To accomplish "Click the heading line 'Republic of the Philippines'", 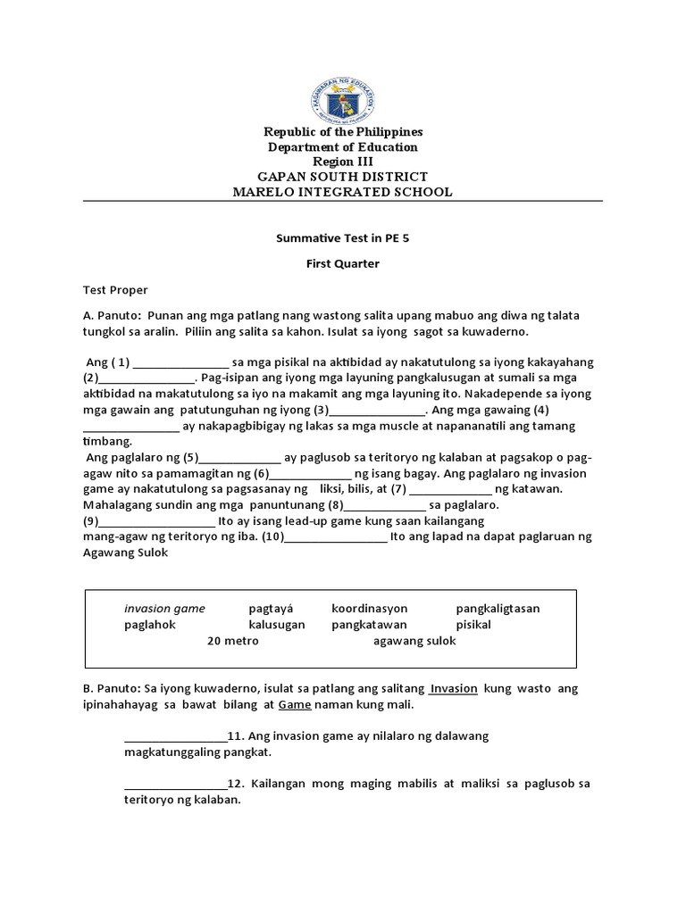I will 343,132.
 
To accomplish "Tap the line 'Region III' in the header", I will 343,162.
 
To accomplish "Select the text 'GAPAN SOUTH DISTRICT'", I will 343,177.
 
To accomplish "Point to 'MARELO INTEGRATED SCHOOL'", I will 343,192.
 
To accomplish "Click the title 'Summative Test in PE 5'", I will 343,239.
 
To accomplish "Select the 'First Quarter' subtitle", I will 343,263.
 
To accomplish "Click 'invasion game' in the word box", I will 164,609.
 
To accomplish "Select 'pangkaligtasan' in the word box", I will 498,609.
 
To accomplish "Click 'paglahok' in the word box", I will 150,625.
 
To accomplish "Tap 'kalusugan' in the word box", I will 277,625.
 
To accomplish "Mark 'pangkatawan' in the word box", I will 369,625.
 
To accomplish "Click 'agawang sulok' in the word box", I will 414,641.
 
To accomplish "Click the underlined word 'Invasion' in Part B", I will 454,689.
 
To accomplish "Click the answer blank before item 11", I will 175,736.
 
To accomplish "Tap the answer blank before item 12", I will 175,784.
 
